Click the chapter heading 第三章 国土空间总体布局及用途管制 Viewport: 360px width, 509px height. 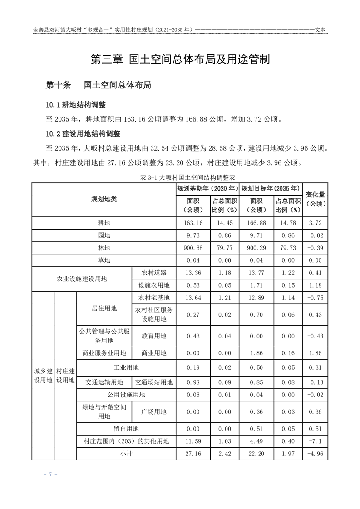point(180,59)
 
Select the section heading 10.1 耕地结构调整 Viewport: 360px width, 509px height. point(75,105)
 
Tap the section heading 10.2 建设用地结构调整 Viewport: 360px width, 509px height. point(82,134)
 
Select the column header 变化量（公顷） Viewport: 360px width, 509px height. point(316,199)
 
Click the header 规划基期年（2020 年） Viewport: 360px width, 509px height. point(207,188)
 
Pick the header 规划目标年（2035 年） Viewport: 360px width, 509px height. point(271,188)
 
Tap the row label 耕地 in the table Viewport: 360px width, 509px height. point(104,223)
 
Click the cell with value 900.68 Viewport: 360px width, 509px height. point(192,248)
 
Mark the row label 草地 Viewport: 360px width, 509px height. point(104,260)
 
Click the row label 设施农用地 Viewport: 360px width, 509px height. point(153,285)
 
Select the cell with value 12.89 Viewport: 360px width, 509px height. point(256,298)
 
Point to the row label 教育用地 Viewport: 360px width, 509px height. point(153,336)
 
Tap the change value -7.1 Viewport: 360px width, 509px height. point(315,440)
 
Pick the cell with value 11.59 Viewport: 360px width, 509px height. point(192,440)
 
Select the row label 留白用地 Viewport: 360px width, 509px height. point(126,428)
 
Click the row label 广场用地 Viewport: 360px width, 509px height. point(153,411)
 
